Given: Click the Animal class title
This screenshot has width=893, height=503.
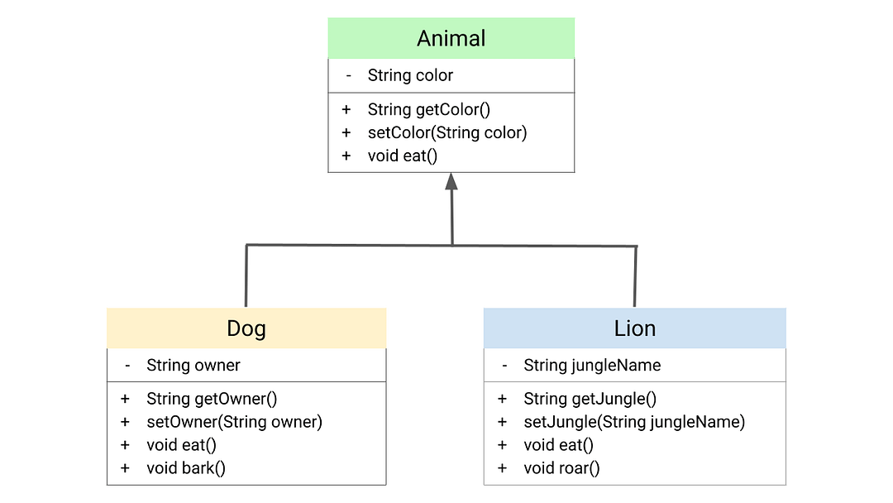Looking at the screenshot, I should (x=451, y=38).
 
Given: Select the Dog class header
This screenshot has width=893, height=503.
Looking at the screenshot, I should (x=246, y=328).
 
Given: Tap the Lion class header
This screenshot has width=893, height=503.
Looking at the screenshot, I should (x=634, y=328).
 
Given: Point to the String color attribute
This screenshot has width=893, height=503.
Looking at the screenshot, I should (x=410, y=75).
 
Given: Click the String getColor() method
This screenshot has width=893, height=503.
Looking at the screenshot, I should (x=428, y=109).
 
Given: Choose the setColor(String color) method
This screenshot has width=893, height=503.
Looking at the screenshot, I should (x=447, y=132).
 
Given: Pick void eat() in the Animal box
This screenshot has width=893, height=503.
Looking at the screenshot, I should (x=402, y=156).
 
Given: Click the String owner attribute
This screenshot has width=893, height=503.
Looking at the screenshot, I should (x=193, y=365).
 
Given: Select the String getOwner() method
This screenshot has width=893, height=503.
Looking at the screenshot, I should (x=212, y=399).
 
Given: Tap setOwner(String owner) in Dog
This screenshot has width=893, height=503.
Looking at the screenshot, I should (x=234, y=422).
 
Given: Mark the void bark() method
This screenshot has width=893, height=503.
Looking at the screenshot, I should (x=186, y=468).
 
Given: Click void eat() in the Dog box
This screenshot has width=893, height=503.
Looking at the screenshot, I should (x=181, y=445).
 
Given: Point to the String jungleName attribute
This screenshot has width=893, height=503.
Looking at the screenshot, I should (x=592, y=365).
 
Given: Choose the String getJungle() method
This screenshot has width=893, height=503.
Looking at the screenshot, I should (x=590, y=399).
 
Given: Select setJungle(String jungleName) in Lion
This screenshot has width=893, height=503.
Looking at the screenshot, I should (x=634, y=422).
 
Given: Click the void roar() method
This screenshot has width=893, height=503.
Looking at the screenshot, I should (x=561, y=468).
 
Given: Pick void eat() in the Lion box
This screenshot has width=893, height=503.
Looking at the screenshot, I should (x=558, y=445).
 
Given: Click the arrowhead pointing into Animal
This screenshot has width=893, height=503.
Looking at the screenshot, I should (x=451, y=181).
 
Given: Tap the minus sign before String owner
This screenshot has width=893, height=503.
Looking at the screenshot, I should (x=127, y=365).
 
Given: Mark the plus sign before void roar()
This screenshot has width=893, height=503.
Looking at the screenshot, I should (x=502, y=468).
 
